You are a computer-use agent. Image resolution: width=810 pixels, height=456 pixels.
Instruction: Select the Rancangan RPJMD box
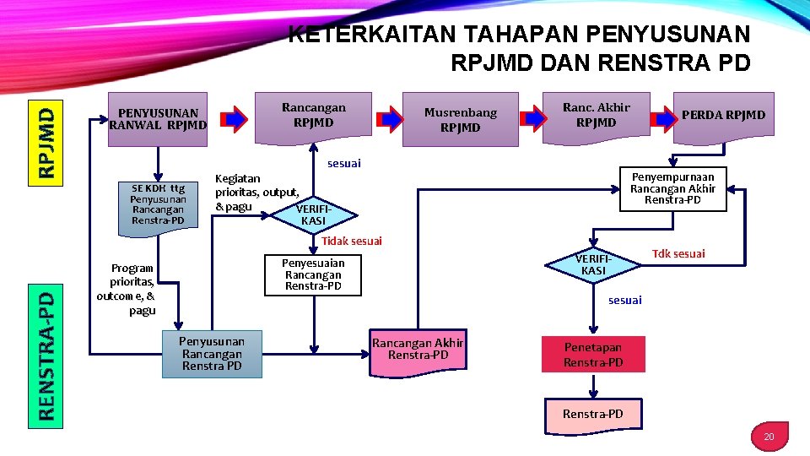coord(313,115)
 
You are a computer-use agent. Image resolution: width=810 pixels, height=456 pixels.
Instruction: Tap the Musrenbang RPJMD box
coord(461,119)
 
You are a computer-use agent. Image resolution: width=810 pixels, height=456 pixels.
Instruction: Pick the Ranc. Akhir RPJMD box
coord(596,115)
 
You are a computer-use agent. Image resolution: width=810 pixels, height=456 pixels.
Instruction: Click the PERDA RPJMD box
coord(723,115)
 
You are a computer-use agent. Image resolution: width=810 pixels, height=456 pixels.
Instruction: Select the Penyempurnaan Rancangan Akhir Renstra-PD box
coord(672,188)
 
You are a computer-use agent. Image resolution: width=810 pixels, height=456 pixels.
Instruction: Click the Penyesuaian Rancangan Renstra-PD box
coord(313,274)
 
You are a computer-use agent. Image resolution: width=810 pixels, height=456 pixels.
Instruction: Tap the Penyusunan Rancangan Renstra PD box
coord(212,354)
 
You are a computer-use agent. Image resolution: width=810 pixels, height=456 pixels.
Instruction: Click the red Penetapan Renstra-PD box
coord(593,355)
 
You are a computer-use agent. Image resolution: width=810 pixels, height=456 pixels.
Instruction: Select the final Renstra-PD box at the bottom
coord(593,413)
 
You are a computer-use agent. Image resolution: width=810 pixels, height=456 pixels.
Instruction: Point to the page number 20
coord(768,437)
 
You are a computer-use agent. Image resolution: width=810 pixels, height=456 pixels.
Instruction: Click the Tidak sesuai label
coord(352,242)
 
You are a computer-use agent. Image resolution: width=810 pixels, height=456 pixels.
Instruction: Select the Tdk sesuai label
coord(678,253)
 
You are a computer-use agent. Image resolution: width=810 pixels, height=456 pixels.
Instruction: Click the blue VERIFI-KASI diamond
coord(593,264)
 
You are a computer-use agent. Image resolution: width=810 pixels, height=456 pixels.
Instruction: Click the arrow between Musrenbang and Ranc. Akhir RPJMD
coord(532,115)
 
